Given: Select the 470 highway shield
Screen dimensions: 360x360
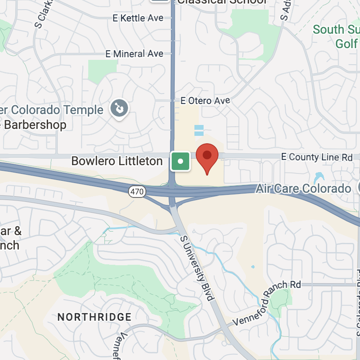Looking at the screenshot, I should [137, 192].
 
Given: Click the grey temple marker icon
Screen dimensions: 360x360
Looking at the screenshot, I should [120, 108].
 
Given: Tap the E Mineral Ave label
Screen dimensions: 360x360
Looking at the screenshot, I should [134, 54].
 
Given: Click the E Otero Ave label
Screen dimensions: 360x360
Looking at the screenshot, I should [205, 100].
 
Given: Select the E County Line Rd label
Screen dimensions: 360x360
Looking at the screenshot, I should [316, 157].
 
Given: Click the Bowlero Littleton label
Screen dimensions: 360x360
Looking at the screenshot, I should [117, 161].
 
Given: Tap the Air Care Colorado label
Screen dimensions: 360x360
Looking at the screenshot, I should [303, 189].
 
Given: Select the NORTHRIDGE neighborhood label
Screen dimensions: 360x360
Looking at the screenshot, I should [94, 317].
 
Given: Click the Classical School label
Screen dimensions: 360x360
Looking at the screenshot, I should [222, 2].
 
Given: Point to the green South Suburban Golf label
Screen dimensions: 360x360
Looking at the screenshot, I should [336, 36].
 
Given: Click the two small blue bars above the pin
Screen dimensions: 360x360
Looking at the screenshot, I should [199, 130].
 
